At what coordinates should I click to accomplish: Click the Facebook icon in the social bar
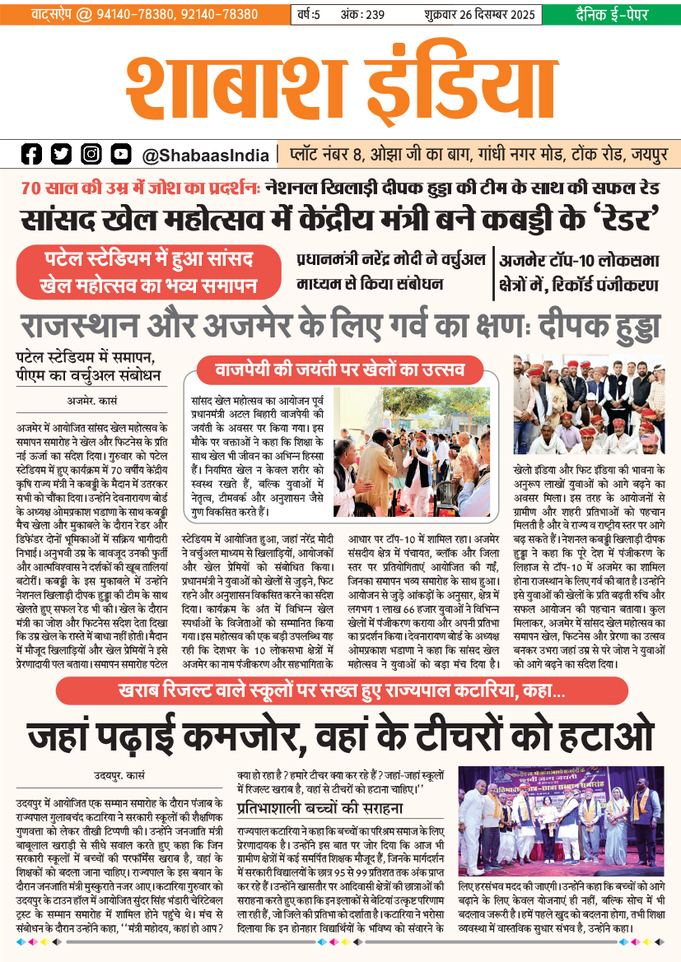[x=31, y=154]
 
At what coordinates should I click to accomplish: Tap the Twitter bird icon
[x=61, y=154]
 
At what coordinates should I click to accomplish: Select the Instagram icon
[x=91, y=154]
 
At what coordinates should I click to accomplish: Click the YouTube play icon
[x=121, y=154]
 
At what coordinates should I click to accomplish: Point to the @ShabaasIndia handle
[x=205, y=155]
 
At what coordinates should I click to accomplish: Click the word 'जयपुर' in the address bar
[x=651, y=155]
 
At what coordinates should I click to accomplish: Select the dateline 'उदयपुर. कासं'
[x=119, y=774]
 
